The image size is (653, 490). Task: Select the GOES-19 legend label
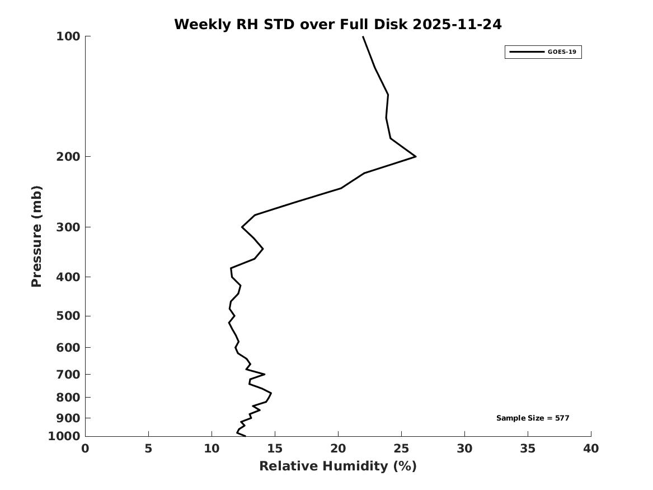click(x=562, y=52)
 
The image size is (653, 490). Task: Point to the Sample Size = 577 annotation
click(x=533, y=418)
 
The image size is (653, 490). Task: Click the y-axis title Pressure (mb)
click(x=37, y=236)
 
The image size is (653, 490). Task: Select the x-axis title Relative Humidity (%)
click(x=337, y=466)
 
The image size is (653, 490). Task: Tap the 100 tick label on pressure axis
click(x=69, y=36)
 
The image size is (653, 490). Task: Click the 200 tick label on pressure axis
click(x=69, y=156)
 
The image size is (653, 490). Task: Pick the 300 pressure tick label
click(x=69, y=227)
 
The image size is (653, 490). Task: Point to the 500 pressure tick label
click(x=69, y=316)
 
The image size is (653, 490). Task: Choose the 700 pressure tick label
click(x=69, y=374)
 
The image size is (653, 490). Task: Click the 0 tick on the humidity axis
click(x=85, y=449)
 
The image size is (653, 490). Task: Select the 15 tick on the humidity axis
click(x=275, y=449)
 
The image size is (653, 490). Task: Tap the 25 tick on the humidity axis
click(x=401, y=449)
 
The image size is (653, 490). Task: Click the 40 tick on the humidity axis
click(x=591, y=449)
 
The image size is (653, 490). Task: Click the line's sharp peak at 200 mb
click(x=415, y=157)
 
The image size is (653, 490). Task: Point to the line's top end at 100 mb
click(x=363, y=37)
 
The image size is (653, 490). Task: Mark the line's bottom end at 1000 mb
click(x=245, y=436)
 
